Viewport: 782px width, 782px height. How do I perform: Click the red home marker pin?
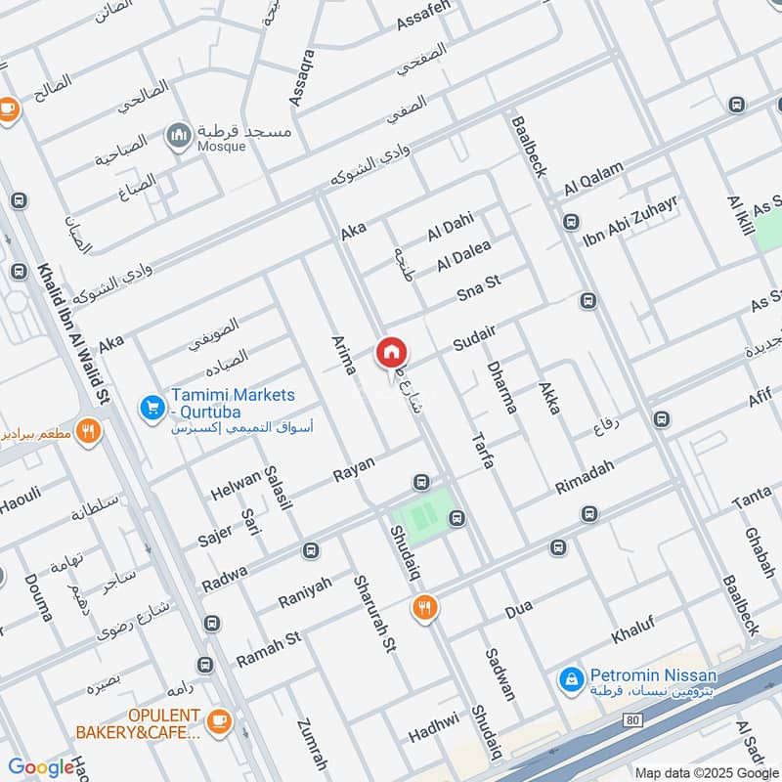click(x=392, y=353)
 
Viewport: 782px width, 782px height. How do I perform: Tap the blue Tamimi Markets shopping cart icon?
click(x=151, y=405)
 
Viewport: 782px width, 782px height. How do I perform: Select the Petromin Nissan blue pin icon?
click(x=570, y=676)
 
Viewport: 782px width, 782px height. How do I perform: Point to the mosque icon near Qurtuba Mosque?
click(x=179, y=135)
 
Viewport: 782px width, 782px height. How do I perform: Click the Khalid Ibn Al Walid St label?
click(x=74, y=332)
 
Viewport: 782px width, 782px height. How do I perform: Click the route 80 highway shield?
click(x=632, y=720)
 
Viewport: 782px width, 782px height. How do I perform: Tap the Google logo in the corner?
click(x=41, y=767)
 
